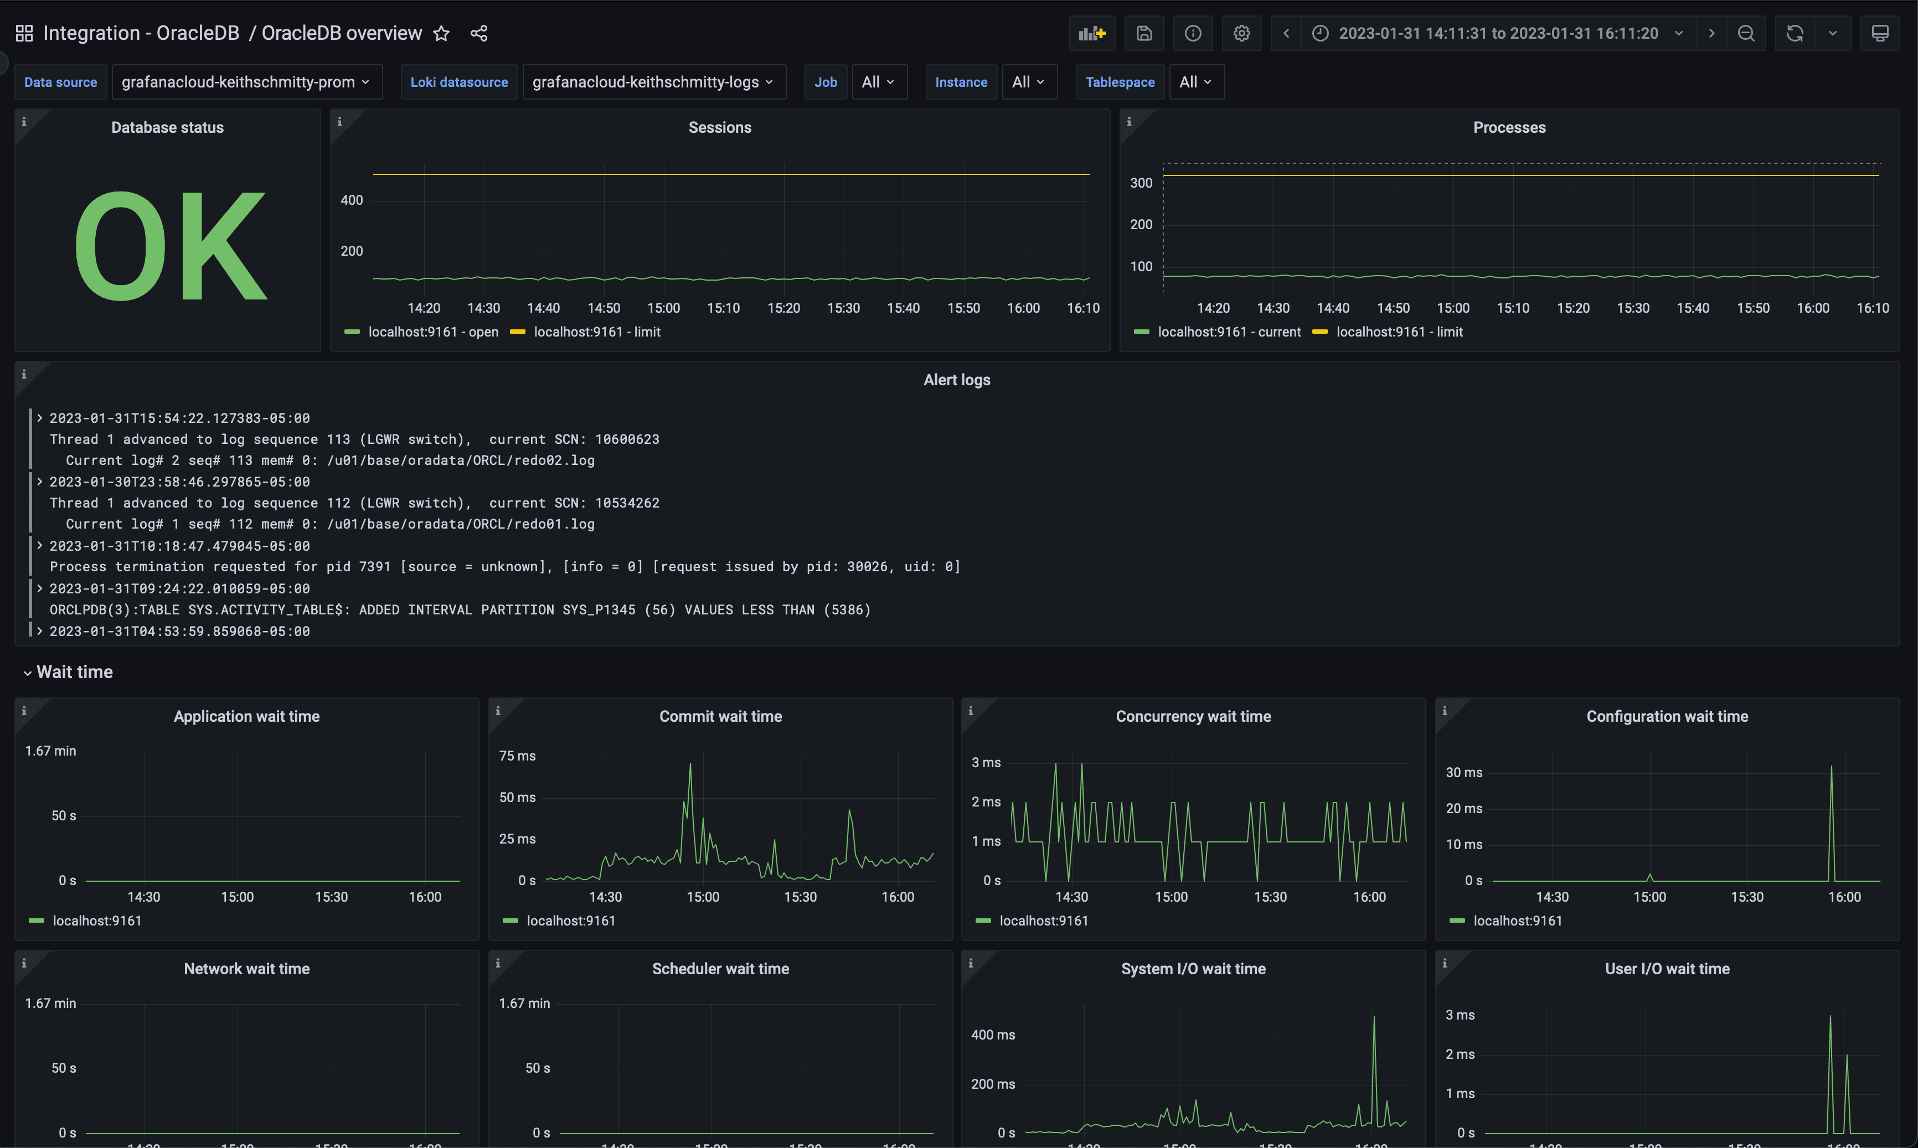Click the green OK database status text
170,246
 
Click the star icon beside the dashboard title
441,33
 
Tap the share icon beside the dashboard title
479,33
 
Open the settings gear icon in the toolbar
1241,33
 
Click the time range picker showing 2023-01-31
1498,33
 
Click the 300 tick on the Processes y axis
1141,183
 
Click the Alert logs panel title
956,380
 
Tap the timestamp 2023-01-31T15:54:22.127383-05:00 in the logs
179,418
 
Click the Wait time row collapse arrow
28,673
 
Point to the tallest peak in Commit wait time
690,765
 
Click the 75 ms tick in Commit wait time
517,756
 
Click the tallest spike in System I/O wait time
1374,1017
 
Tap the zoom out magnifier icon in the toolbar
1745,33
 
